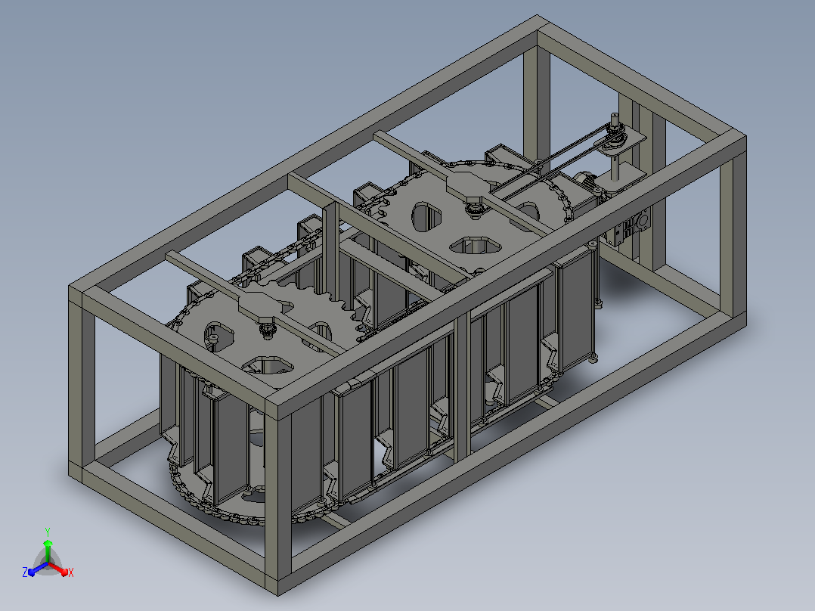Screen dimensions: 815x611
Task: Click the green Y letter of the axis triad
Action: (48, 532)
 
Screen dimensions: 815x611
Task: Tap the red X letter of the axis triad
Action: (71, 572)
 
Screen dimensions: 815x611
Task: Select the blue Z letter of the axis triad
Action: (24, 572)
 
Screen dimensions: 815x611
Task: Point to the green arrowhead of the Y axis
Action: (48, 544)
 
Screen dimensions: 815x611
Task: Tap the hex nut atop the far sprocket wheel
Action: (474, 200)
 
